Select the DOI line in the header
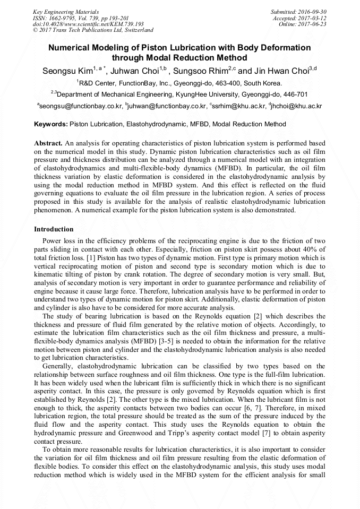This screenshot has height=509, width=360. point(88,24)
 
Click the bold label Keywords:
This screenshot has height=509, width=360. point(50,124)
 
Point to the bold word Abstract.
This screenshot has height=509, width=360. point(48,143)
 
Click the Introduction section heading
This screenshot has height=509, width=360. point(54,229)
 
